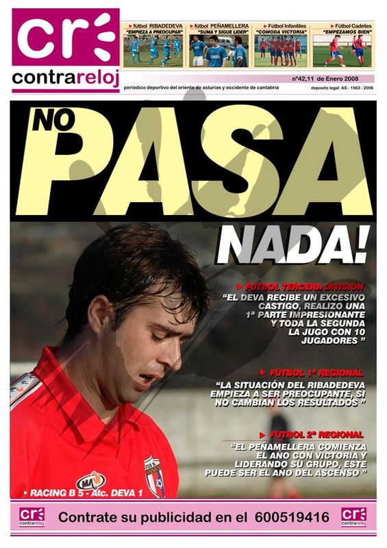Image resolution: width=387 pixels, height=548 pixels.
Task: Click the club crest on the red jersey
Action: [154, 475]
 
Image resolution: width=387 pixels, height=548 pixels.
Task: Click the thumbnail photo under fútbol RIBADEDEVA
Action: [153, 51]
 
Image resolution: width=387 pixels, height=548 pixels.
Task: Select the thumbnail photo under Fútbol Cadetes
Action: [342, 51]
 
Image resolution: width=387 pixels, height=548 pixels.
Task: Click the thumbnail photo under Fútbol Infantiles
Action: [280, 51]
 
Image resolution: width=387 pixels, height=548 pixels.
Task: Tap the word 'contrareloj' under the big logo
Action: [65, 79]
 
